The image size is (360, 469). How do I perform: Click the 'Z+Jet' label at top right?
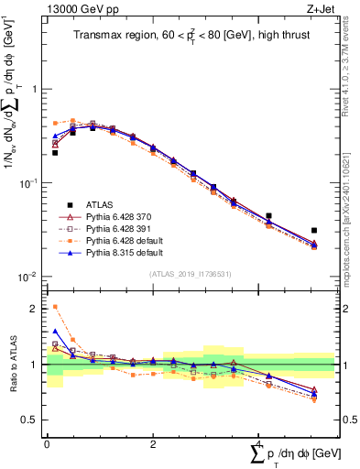(319, 10)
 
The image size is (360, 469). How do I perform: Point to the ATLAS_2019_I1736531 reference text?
(190, 274)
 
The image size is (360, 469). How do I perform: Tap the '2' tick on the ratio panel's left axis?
(33, 309)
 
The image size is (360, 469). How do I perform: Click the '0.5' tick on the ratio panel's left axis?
(28, 420)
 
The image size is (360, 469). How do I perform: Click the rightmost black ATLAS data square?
(313, 231)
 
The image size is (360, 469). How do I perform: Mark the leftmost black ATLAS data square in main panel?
(55, 153)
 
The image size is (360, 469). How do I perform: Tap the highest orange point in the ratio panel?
(55, 307)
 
